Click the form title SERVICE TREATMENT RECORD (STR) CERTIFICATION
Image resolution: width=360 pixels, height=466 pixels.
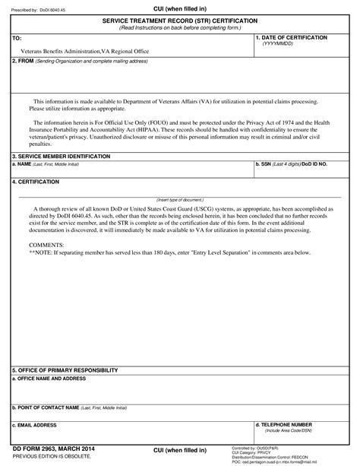point(179,20)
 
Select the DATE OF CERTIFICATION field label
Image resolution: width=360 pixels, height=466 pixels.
point(293,36)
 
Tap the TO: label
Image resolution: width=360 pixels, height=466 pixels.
point(17,37)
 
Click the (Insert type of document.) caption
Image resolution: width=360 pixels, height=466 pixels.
point(180,200)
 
